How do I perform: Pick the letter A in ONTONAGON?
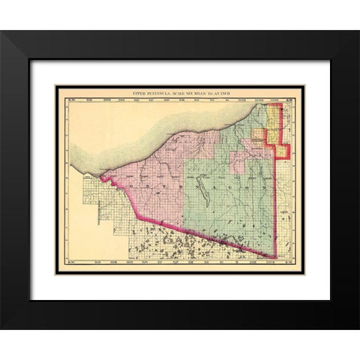(225, 184)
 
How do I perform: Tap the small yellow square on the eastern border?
(283, 150)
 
